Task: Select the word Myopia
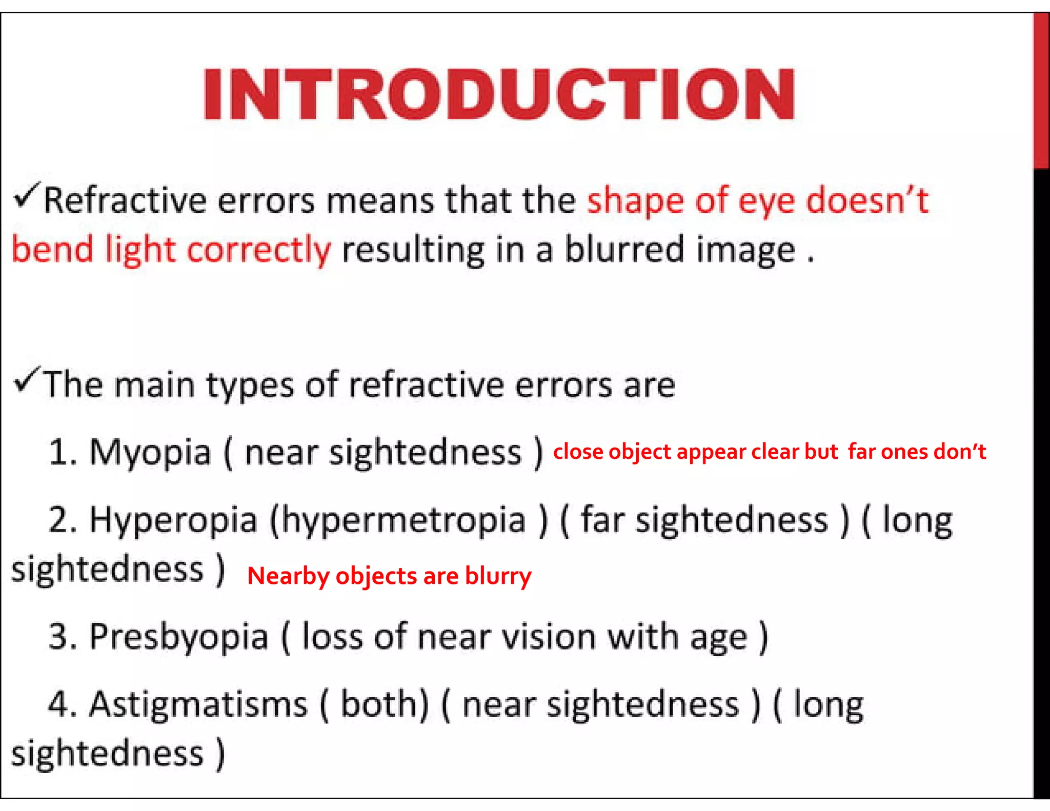pyautogui.click(x=150, y=453)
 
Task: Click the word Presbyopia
pyautogui.click(x=179, y=637)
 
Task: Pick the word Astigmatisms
pyautogui.click(x=198, y=704)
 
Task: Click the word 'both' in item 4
pyautogui.click(x=383, y=704)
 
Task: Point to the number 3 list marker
pyautogui.click(x=62, y=637)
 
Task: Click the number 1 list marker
pyautogui.click(x=62, y=453)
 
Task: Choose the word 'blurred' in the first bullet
pyautogui.click(x=624, y=250)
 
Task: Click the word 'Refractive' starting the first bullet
pyautogui.click(x=125, y=200)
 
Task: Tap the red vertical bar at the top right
pyautogui.click(x=1041, y=90)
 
